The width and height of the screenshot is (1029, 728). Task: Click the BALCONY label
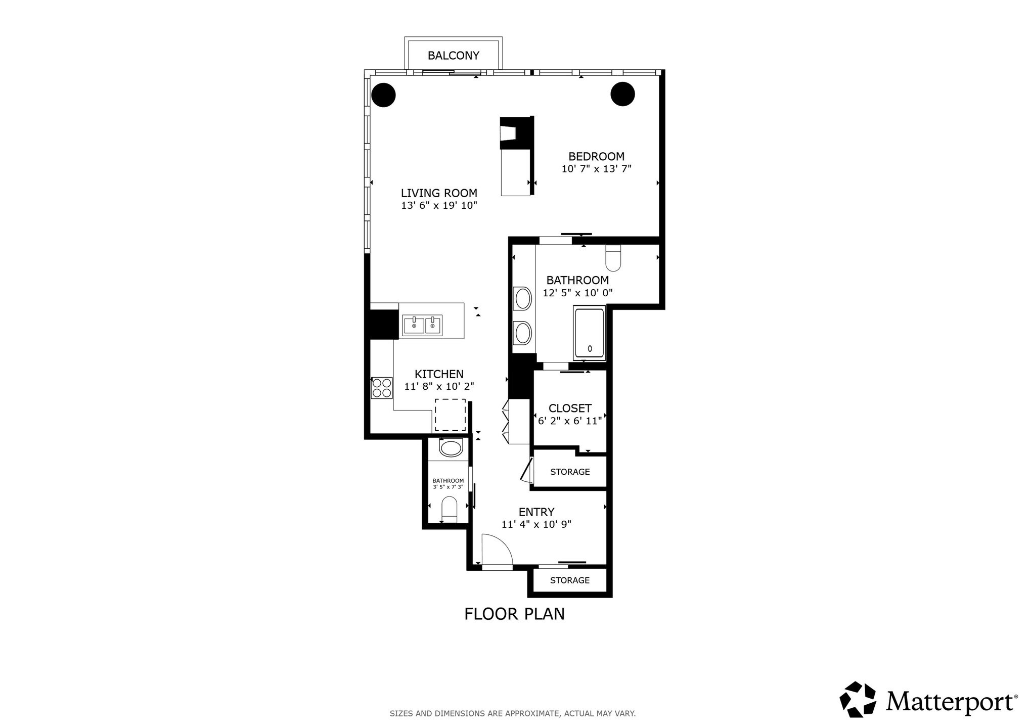coord(453,56)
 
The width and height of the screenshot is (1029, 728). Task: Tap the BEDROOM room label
coord(596,157)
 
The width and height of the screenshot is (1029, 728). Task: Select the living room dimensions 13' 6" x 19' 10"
coord(439,205)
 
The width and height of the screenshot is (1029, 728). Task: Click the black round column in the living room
coord(383,95)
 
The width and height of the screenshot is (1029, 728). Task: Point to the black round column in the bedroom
coord(622,94)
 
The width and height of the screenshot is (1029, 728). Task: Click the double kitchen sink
coord(422,325)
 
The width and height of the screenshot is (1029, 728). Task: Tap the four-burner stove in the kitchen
coord(382,388)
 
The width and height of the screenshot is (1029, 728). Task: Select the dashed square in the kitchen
coord(450,415)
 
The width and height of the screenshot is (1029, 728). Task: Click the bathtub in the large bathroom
coord(589,333)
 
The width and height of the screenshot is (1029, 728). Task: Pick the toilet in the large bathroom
coord(613,258)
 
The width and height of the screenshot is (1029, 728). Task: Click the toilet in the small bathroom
coord(449,510)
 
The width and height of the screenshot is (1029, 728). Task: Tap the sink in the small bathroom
coord(451,448)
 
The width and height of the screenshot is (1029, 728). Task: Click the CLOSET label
coord(570,408)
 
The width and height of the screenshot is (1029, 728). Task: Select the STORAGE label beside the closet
coord(570,472)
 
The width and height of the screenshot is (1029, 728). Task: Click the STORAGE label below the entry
coord(570,580)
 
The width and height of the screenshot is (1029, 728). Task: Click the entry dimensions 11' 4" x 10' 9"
coord(536,524)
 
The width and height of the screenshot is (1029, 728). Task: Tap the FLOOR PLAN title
coord(514,614)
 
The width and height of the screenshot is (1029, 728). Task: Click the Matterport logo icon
coord(858,699)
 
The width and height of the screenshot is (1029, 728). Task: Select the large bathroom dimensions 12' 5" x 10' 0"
coord(577,293)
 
